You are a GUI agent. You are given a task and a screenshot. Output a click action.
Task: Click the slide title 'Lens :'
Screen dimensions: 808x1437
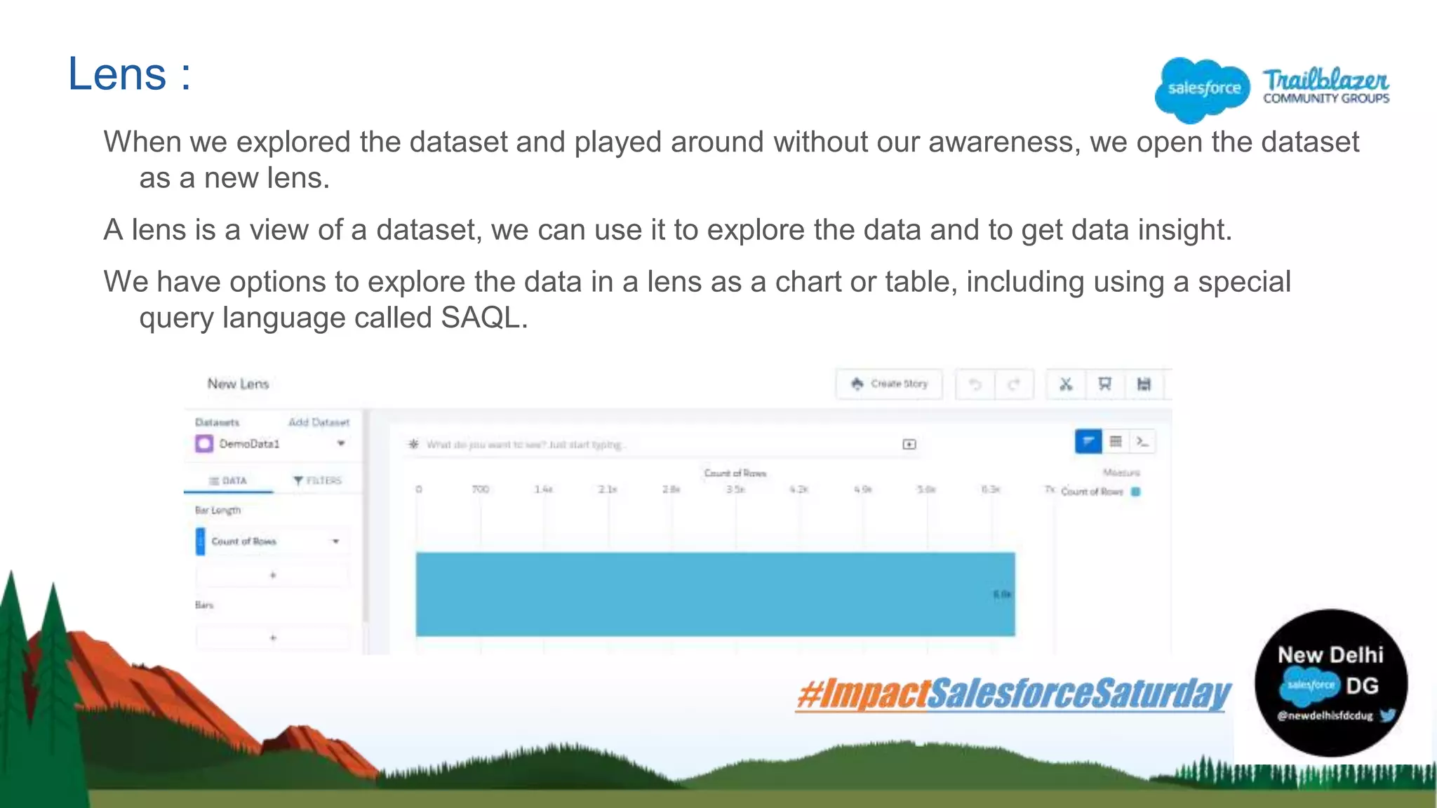click(x=129, y=74)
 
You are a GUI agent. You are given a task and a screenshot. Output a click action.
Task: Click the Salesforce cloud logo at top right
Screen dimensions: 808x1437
click(x=1203, y=88)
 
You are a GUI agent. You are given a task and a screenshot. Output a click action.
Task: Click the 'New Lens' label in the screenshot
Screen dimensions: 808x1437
click(x=238, y=384)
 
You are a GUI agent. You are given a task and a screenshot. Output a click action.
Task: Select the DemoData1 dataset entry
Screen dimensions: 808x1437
click(x=249, y=444)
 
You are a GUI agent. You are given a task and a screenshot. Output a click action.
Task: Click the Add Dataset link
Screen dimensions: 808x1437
click(x=319, y=422)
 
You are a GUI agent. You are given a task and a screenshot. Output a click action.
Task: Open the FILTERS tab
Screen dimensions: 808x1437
click(x=317, y=480)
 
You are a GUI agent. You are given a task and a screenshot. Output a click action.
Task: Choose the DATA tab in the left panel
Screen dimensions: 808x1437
click(x=229, y=480)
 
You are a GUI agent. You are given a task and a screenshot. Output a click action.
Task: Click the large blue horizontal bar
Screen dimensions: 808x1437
click(x=714, y=594)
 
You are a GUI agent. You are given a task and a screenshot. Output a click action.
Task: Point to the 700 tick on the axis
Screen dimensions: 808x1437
click(x=481, y=489)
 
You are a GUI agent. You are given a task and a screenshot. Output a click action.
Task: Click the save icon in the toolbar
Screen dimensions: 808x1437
click(x=1144, y=384)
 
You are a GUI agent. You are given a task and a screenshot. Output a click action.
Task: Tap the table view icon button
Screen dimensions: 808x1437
click(x=1116, y=441)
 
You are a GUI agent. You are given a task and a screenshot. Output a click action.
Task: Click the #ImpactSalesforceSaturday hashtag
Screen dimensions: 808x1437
click(x=1013, y=694)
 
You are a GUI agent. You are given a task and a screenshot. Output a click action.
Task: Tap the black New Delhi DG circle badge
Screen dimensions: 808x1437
click(x=1330, y=682)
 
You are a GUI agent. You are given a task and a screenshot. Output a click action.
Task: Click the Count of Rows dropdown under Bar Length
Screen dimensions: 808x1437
click(x=274, y=541)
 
